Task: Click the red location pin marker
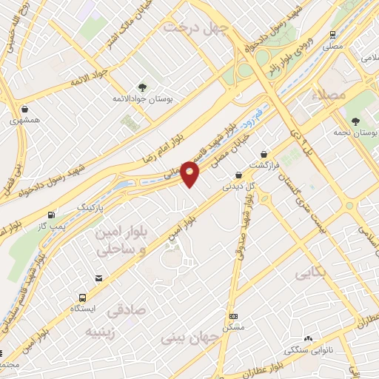point(190,174)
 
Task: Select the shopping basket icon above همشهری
point(24,108)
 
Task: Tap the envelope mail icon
point(98,278)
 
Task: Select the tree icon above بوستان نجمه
point(355,121)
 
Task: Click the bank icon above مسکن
point(235,315)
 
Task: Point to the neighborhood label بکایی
point(310,274)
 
